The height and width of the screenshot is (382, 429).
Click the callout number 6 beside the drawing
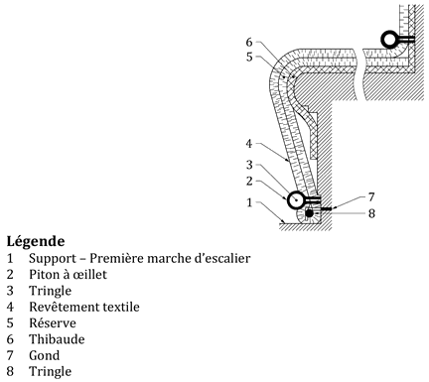tap(249, 43)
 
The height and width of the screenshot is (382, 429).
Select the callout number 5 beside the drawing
tap(249, 57)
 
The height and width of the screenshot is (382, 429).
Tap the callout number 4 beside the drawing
tap(249, 144)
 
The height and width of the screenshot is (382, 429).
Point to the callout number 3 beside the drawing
tap(249, 165)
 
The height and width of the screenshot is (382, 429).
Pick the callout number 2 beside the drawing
tap(249, 181)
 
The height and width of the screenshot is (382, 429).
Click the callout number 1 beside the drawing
tap(249, 202)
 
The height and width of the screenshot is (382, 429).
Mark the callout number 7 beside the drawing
tap(371, 197)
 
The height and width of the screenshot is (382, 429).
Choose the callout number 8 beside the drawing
tap(371, 213)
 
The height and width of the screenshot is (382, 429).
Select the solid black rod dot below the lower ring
tap(309, 213)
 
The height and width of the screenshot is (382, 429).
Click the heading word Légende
tap(36, 241)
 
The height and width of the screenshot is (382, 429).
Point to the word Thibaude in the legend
tap(57, 339)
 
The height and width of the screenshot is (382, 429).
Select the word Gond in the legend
tap(45, 355)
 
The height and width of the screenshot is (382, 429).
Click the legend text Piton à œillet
tap(68, 274)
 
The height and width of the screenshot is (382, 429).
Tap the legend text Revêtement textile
tap(84, 307)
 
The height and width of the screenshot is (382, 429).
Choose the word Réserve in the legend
tap(53, 322)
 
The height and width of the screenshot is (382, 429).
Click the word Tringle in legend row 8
tap(50, 372)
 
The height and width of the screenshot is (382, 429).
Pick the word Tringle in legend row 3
tap(50, 291)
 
